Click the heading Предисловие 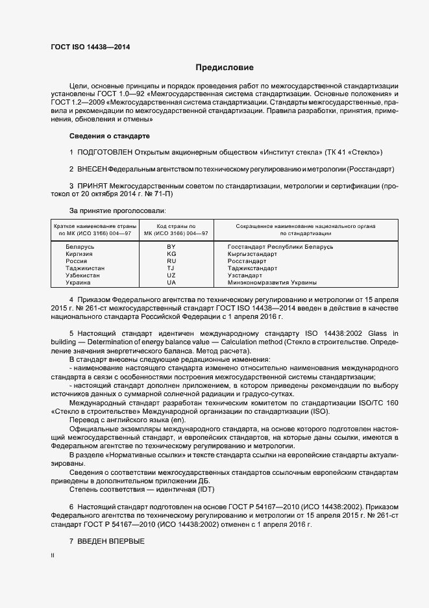click(225, 68)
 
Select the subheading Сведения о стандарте click(110, 136)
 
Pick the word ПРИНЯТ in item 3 click(92, 186)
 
